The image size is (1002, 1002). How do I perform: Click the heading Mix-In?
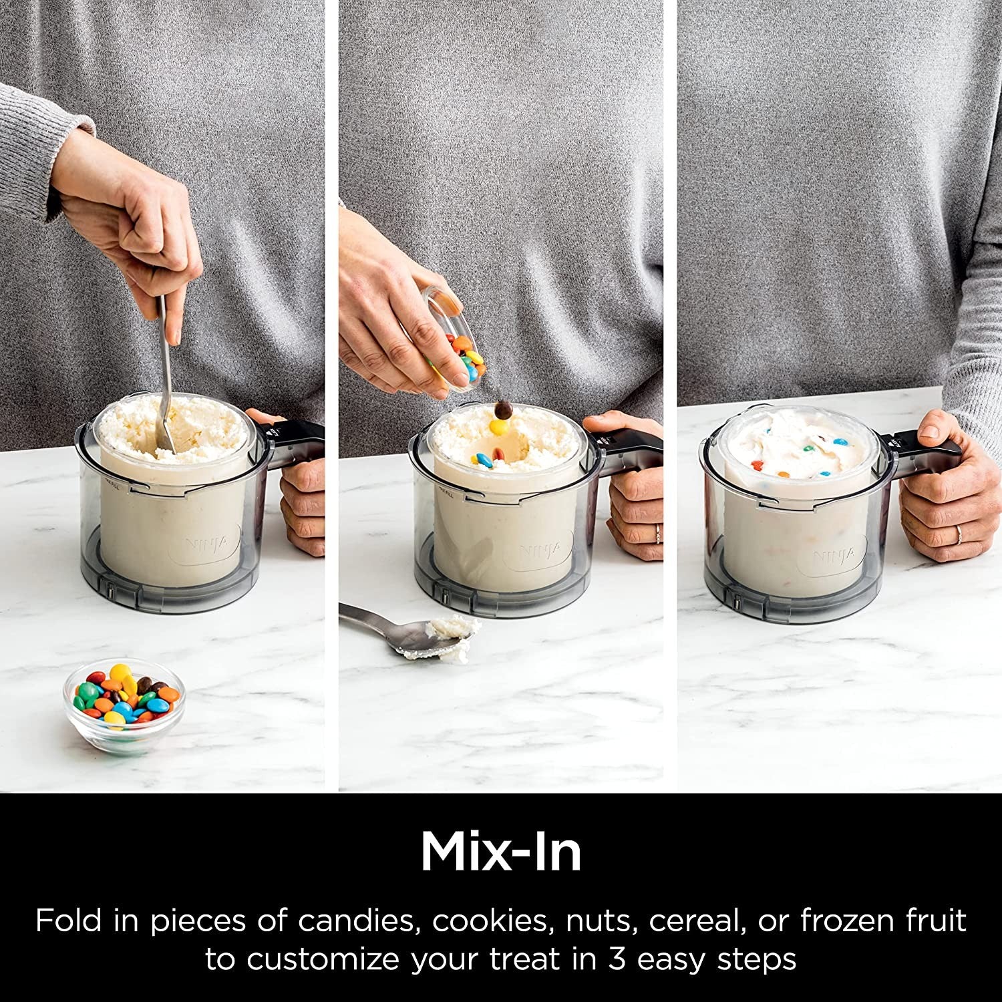coord(501,852)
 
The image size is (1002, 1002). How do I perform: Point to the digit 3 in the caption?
coord(615,959)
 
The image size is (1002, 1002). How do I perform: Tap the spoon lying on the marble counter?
coord(407,631)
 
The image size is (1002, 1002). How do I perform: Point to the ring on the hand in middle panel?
coord(657,532)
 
